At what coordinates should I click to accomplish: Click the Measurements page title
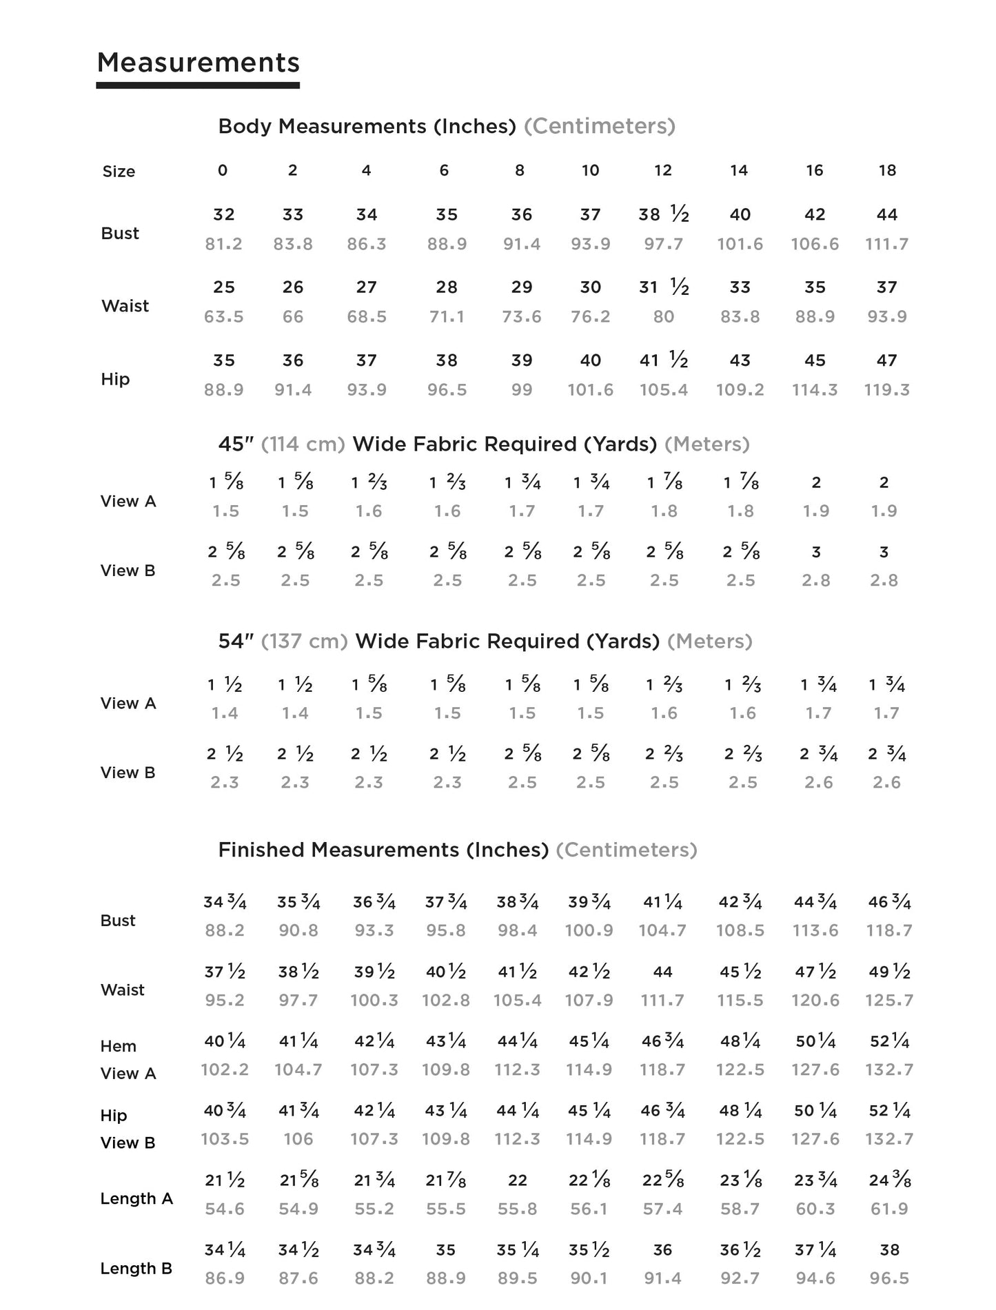click(x=199, y=63)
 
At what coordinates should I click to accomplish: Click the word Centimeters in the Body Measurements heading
click(x=600, y=126)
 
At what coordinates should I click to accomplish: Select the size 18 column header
click(x=887, y=170)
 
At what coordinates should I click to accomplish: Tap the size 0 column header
click(x=223, y=170)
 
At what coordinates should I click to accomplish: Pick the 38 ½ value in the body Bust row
click(x=663, y=214)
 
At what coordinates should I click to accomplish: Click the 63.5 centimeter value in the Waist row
click(x=223, y=317)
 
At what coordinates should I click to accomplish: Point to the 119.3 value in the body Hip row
click(x=886, y=390)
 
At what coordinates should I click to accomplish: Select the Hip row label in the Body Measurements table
click(x=115, y=379)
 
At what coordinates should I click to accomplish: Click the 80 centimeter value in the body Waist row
click(x=663, y=317)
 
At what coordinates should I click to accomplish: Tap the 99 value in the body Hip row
click(x=521, y=390)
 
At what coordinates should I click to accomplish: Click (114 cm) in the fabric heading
click(x=303, y=444)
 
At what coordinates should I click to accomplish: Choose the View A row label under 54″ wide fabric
click(x=128, y=704)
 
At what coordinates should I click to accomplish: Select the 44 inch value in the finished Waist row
click(x=662, y=972)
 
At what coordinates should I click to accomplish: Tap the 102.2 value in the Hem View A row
click(x=225, y=1070)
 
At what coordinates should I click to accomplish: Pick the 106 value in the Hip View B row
click(x=298, y=1140)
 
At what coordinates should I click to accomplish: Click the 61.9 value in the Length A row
click(x=889, y=1209)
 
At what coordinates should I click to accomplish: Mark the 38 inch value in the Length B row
click(x=889, y=1250)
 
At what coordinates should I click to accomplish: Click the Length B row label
click(x=136, y=1269)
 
